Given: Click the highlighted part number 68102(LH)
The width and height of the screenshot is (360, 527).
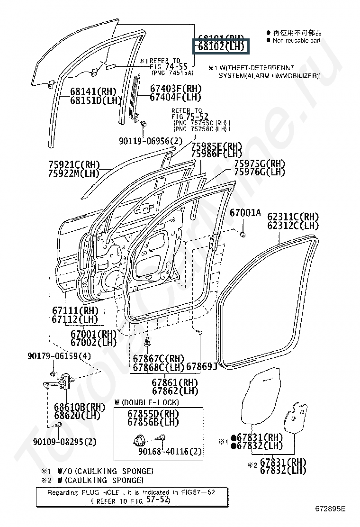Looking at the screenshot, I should click(221, 47).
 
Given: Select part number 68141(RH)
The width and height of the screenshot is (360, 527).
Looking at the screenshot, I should click(93, 91).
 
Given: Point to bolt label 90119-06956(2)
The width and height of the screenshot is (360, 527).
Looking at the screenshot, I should click(150, 141).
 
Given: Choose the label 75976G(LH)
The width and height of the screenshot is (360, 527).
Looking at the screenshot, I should click(260, 172).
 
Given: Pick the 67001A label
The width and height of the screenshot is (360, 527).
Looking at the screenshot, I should click(245, 213).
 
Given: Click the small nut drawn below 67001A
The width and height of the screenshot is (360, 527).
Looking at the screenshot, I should click(243, 234).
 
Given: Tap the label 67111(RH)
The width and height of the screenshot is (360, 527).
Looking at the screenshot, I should click(75, 310).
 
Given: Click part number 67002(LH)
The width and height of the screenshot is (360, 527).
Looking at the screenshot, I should click(93, 342).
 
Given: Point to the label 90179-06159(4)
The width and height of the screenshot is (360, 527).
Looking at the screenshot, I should click(59, 356).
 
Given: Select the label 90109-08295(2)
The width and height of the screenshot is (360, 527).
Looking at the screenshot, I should click(65, 442).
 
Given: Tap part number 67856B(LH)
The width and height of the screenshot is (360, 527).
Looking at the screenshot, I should click(153, 422).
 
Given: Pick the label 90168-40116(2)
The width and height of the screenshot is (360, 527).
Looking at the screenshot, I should click(170, 452).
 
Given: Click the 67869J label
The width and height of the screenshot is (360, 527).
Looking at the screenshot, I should click(201, 366).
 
